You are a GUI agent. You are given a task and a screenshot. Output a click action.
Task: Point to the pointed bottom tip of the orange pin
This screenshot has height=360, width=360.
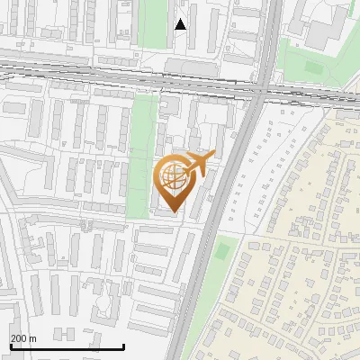click(x=172, y=212)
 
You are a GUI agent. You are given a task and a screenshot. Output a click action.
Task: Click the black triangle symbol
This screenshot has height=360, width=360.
click(x=181, y=24)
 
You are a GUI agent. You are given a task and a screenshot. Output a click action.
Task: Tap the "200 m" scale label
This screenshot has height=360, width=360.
click(x=24, y=338)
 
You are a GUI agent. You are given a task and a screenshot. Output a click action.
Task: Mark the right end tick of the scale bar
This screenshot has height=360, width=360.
click(x=123, y=345)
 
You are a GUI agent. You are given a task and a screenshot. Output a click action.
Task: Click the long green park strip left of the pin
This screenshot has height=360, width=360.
click(x=139, y=153)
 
